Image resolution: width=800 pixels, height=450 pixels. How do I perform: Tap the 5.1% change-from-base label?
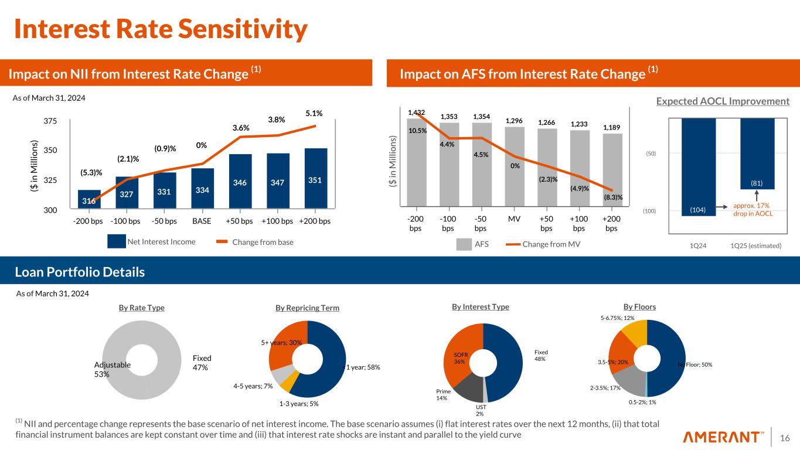pos(314,113)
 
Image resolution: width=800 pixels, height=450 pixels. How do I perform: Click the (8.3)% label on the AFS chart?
pos(613,197)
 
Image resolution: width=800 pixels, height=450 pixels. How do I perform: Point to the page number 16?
pos(785,437)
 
